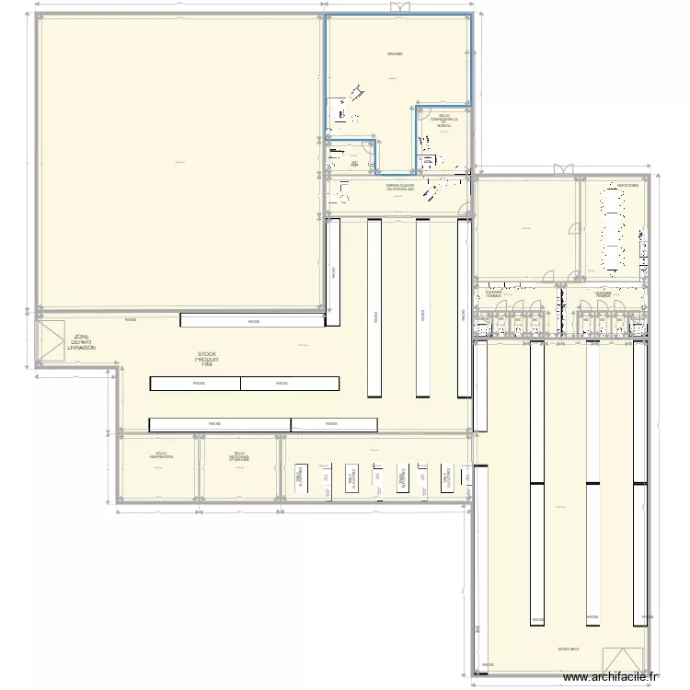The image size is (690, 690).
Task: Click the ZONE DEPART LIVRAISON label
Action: (x=81, y=343)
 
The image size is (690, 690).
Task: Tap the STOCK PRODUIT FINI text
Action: (x=207, y=360)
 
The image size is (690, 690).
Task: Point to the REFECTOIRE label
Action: (x=628, y=186)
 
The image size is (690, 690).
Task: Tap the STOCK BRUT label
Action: (x=568, y=649)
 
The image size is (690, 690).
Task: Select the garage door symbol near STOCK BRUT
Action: (x=623, y=660)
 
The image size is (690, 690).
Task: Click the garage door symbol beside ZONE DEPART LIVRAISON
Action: (x=51, y=335)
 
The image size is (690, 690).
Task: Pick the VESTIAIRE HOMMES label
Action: (x=494, y=294)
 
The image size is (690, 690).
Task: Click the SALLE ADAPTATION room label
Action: (x=162, y=455)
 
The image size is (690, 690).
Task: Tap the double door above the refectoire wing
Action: (x=561, y=168)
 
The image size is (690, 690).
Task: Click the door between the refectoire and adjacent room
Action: (x=577, y=232)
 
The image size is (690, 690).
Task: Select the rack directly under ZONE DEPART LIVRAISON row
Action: (x=253, y=320)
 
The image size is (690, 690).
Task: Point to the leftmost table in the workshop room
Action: (x=300, y=477)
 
